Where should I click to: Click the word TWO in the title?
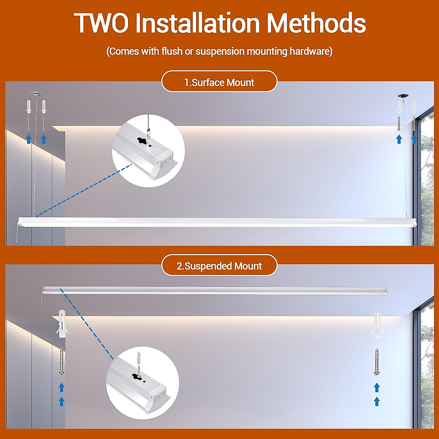[x=101, y=23]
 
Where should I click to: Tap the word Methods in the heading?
[x=316, y=23]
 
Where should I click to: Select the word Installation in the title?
[x=198, y=23]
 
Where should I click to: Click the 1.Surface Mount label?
[x=219, y=82]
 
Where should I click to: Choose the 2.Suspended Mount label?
[x=219, y=266]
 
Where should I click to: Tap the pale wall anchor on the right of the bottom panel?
[x=377, y=324]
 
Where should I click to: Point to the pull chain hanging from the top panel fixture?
[x=16, y=234]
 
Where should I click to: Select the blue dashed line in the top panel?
[x=84, y=190]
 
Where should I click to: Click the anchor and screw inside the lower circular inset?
[x=138, y=360]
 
